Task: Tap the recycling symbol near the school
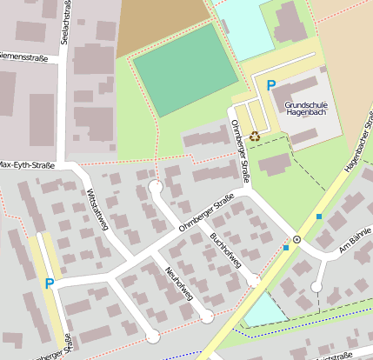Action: pyautogui.click(x=255, y=135)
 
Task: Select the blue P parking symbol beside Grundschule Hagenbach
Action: pyautogui.click(x=271, y=85)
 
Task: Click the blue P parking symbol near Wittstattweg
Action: pyautogui.click(x=49, y=283)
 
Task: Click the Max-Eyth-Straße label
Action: pyautogui.click(x=27, y=164)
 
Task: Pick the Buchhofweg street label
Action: pyautogui.click(x=225, y=250)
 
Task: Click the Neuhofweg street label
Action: pyautogui.click(x=179, y=283)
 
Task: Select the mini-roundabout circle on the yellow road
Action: pyautogui.click(x=296, y=238)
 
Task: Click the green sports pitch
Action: pyautogui.click(x=183, y=70)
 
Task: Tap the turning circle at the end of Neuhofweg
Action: pyautogui.click(x=208, y=317)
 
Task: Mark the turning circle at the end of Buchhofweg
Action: pyautogui.click(x=253, y=281)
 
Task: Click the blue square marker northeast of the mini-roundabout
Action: pyautogui.click(x=319, y=216)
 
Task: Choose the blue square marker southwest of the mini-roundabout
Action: pyautogui.click(x=285, y=248)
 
